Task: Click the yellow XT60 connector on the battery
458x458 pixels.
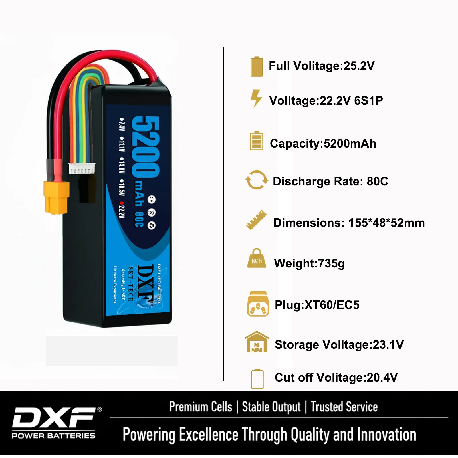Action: (x=57, y=197)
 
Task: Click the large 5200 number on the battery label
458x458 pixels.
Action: (x=145, y=146)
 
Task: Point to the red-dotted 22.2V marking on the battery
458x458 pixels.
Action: (x=122, y=211)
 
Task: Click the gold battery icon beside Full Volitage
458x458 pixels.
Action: (x=257, y=67)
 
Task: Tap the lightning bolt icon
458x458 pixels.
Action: (x=256, y=98)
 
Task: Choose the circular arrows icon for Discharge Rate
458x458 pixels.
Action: (x=257, y=180)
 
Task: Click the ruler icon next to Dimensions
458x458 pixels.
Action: (x=256, y=220)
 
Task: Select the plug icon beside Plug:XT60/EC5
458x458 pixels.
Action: (x=258, y=304)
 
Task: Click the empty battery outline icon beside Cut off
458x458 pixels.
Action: (x=257, y=379)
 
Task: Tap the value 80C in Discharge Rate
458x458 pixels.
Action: (x=377, y=181)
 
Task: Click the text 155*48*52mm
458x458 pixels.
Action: (x=386, y=223)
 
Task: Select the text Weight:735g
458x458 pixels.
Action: (x=309, y=263)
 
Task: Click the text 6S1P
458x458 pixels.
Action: (x=368, y=101)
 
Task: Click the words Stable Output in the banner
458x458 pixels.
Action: (x=271, y=407)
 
